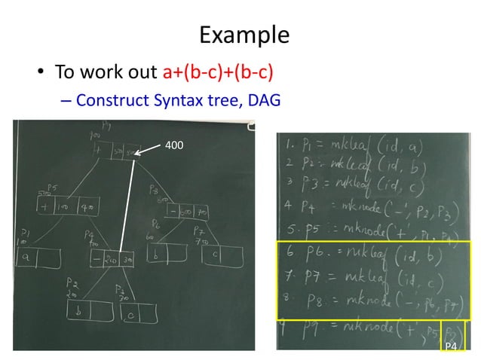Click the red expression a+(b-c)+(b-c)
[218, 73]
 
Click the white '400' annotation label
[173, 143]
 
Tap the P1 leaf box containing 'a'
[36, 257]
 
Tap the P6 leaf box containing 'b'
[164, 255]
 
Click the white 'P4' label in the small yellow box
[450, 345]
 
